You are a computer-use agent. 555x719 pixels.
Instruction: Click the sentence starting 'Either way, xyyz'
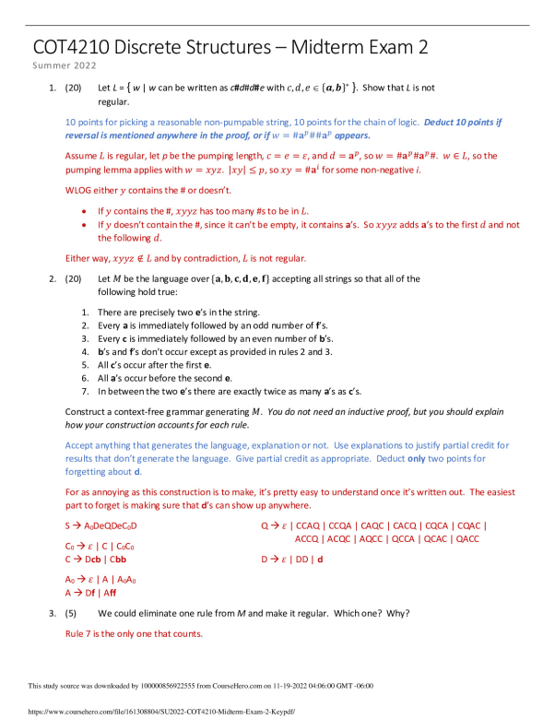coord(185,258)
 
